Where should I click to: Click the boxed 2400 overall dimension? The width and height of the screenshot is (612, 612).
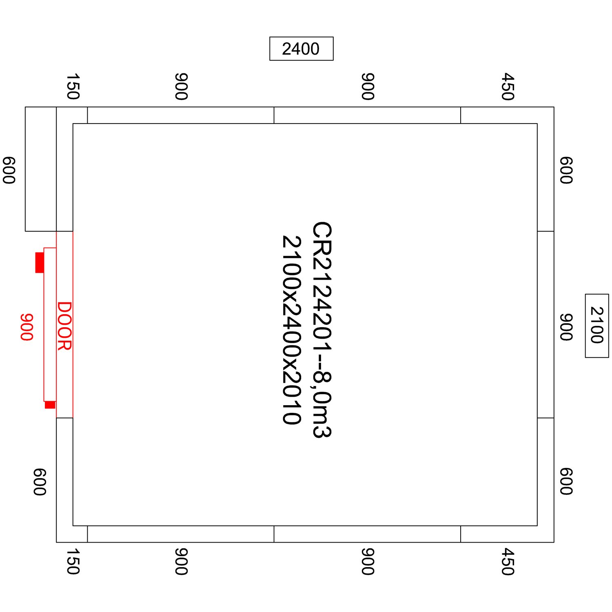coord(301,49)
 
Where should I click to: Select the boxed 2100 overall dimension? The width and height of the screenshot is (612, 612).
coord(597,326)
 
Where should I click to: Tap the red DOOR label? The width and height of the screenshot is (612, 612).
coord(64,326)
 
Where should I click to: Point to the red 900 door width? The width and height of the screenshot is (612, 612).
coord(27,327)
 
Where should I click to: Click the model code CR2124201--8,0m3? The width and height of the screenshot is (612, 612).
coord(322,330)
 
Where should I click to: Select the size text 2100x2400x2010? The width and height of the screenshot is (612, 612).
coord(292,330)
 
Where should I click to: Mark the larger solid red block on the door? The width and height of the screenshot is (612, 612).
coord(40,262)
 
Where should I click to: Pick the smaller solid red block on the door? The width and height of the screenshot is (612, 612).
coord(50,405)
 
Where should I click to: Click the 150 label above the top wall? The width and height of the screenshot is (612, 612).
coord(73,86)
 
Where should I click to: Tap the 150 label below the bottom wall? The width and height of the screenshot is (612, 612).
coord(73,561)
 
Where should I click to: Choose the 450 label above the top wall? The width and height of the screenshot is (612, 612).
coord(508,86)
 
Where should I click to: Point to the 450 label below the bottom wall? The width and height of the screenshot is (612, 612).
coord(508,561)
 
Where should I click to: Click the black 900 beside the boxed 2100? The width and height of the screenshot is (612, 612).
coord(566,327)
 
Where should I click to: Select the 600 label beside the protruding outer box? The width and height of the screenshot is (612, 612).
coord(9,170)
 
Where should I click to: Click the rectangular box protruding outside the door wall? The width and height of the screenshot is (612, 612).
coord(41,169)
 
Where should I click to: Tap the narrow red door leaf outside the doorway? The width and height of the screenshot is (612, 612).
coord(50,324)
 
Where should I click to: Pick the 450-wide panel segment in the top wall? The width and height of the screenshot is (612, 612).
coord(507,115)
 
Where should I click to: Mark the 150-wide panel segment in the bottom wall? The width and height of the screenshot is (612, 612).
coord(72,534)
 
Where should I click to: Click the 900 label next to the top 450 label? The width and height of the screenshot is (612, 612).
coord(368,86)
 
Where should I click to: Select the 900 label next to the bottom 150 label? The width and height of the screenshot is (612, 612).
coord(181,561)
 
